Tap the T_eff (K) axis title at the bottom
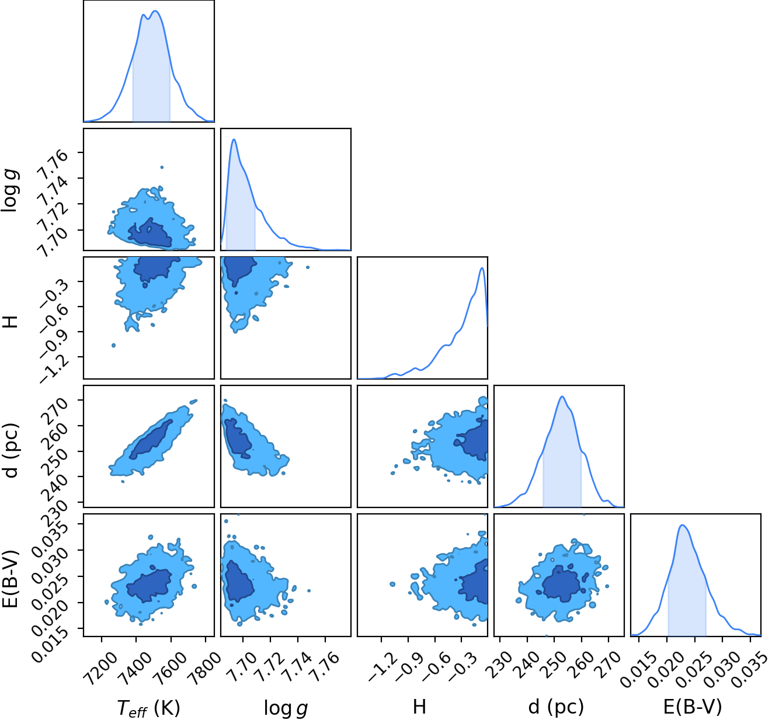[148, 708]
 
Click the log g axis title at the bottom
[286, 708]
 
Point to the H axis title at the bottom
[419, 707]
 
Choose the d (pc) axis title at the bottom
[557, 707]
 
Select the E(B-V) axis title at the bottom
[693, 707]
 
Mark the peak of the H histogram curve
[482, 267]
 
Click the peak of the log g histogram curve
[234, 139]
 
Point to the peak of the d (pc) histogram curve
[562, 396]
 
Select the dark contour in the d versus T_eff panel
[151, 440]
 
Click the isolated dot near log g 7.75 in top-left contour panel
[162, 167]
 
